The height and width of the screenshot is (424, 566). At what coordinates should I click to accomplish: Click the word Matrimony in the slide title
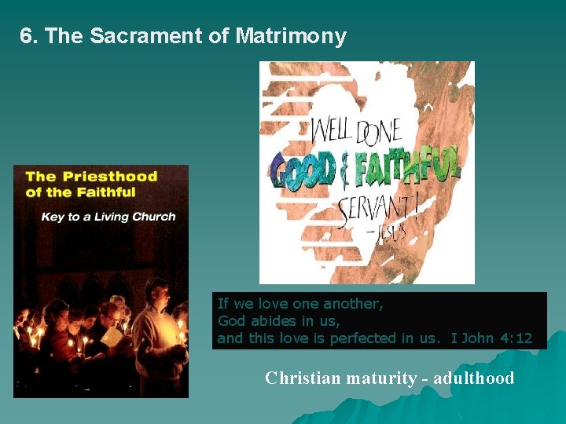click(290, 36)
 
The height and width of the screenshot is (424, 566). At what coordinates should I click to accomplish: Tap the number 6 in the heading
click(27, 36)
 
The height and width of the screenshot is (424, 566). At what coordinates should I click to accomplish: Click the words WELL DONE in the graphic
click(356, 130)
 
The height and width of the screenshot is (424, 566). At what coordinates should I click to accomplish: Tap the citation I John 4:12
click(491, 338)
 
